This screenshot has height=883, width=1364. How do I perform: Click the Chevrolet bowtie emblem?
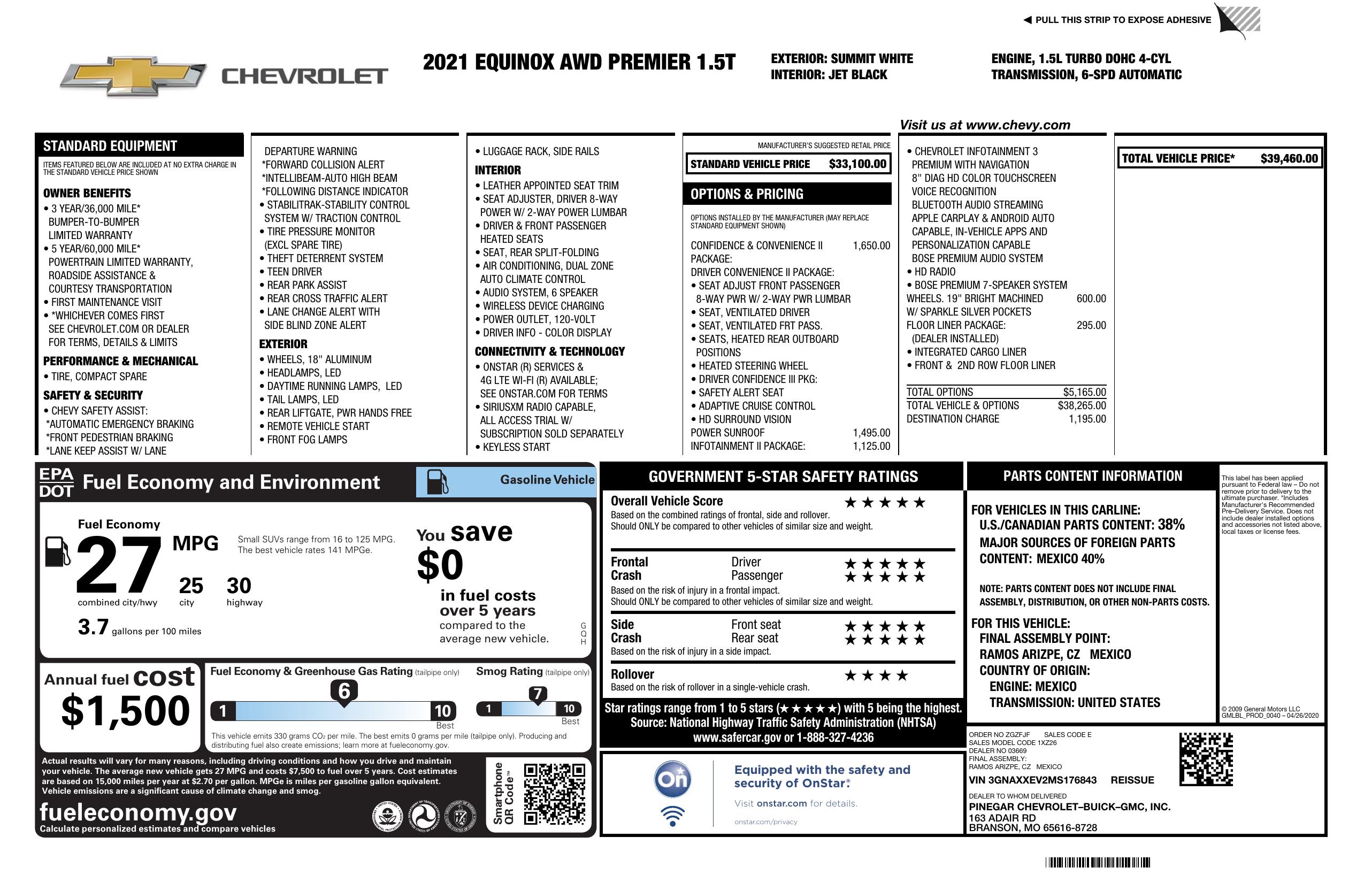(133, 75)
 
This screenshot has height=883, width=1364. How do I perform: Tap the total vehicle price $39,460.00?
(1289, 159)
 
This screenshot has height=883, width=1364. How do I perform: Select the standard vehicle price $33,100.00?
(857, 164)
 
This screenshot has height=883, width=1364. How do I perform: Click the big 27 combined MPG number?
(119, 564)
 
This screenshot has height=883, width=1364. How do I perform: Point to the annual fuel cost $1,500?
(126, 711)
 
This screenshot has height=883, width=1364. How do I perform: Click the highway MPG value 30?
(239, 586)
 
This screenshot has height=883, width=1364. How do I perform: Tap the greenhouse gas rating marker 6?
(344, 691)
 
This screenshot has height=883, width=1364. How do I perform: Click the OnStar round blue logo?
(672, 779)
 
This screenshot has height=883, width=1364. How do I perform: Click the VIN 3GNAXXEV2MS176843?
(1032, 780)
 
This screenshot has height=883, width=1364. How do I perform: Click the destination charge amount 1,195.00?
(1087, 419)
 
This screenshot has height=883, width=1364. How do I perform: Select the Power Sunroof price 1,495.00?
(871, 433)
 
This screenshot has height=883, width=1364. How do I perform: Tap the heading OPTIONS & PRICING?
(746, 194)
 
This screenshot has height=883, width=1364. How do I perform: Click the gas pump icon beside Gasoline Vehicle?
(438, 481)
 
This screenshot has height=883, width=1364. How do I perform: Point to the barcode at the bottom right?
(1097, 862)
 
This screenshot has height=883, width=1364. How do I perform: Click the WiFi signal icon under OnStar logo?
(672, 816)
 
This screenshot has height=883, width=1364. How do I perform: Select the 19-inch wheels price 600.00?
(1091, 298)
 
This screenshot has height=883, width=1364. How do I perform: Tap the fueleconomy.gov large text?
(138, 812)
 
